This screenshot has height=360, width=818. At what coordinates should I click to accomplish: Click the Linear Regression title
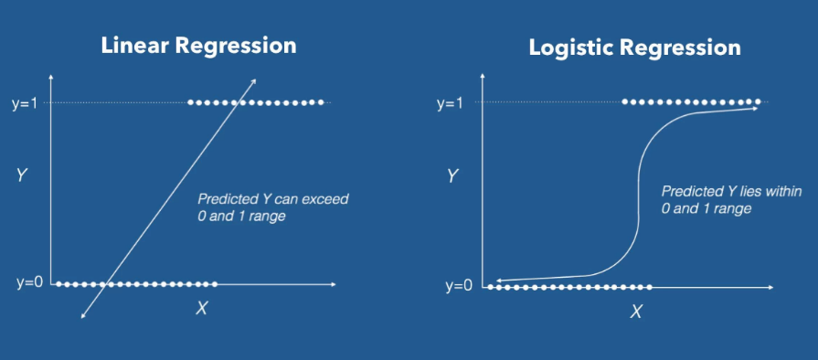tap(198, 45)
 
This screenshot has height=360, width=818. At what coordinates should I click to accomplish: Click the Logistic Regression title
tap(634, 48)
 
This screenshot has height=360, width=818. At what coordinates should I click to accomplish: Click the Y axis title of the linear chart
tap(20, 175)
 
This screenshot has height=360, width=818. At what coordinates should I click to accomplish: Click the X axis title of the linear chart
tap(201, 308)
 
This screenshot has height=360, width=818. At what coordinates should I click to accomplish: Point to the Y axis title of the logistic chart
tap(451, 175)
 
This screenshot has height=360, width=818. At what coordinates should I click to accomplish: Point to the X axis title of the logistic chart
tap(635, 312)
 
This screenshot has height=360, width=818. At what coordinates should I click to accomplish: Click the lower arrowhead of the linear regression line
tap(82, 316)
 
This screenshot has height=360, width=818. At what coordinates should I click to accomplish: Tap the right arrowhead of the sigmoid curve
tap(755, 109)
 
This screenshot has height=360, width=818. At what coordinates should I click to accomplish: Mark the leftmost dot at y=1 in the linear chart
tap(191, 102)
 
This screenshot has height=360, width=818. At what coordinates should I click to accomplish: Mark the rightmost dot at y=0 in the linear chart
tap(216, 284)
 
